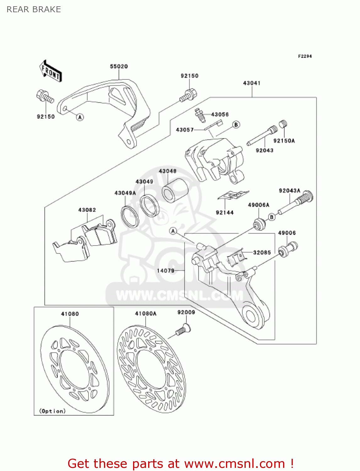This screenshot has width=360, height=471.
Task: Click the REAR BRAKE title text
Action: (34, 9)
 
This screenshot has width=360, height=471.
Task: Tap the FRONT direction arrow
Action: (50, 72)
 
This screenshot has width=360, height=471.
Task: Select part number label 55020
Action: (119, 67)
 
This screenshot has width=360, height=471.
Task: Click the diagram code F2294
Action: (305, 56)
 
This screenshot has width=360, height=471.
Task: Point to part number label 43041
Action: (252, 83)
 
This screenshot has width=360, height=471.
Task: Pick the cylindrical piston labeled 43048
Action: (175, 190)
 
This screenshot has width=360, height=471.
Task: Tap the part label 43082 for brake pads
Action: (87, 210)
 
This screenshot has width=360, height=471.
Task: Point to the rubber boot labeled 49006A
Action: (259, 224)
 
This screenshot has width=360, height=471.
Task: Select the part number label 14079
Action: (165, 270)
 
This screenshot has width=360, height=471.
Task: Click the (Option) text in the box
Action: (52, 411)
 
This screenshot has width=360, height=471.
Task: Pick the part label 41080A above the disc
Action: (146, 314)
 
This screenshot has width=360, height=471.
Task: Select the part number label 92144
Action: (225, 213)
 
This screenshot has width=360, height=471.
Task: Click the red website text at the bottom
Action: (180, 463)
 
